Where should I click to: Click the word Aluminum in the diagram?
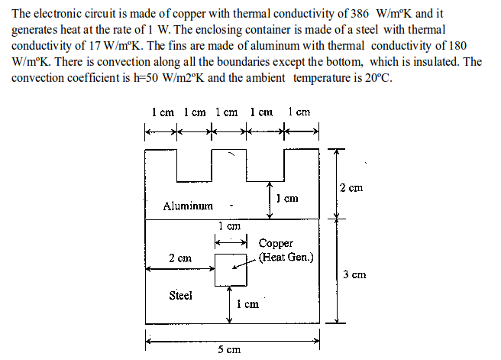coord(187,206)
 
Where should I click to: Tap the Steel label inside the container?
coord(180,295)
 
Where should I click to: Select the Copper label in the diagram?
coord(276,244)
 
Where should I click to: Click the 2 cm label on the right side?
coord(351,187)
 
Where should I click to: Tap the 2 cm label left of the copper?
coord(180,258)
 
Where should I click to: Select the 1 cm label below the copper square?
coord(248,303)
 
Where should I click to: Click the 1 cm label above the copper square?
coord(229,226)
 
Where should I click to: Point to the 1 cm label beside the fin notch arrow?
coord(286,199)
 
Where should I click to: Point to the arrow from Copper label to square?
coord(246,261)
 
